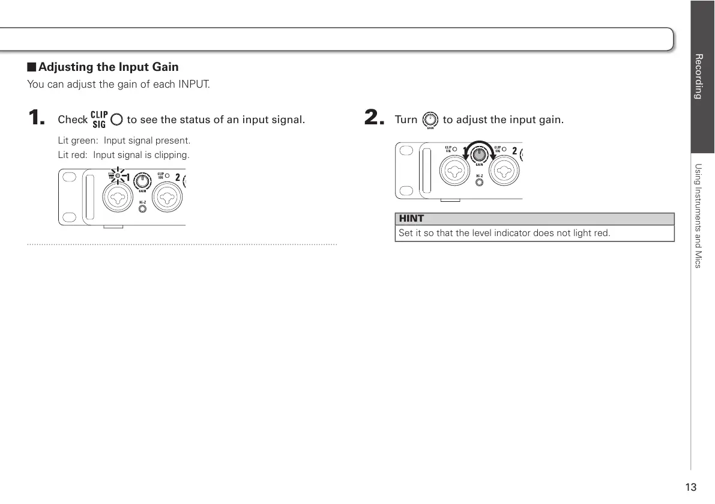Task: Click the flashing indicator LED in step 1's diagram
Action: [x=118, y=177]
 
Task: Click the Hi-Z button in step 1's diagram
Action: [x=142, y=209]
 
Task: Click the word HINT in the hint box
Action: [x=411, y=219]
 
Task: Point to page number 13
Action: [x=691, y=487]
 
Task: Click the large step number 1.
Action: [x=37, y=118]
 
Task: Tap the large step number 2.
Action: [x=373, y=118]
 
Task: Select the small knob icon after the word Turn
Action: [x=430, y=120]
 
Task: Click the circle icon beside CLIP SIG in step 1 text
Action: [x=116, y=120]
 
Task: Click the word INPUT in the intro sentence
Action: [x=193, y=84]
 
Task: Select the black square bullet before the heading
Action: [x=31, y=67]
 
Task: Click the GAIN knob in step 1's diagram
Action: [x=143, y=181]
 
